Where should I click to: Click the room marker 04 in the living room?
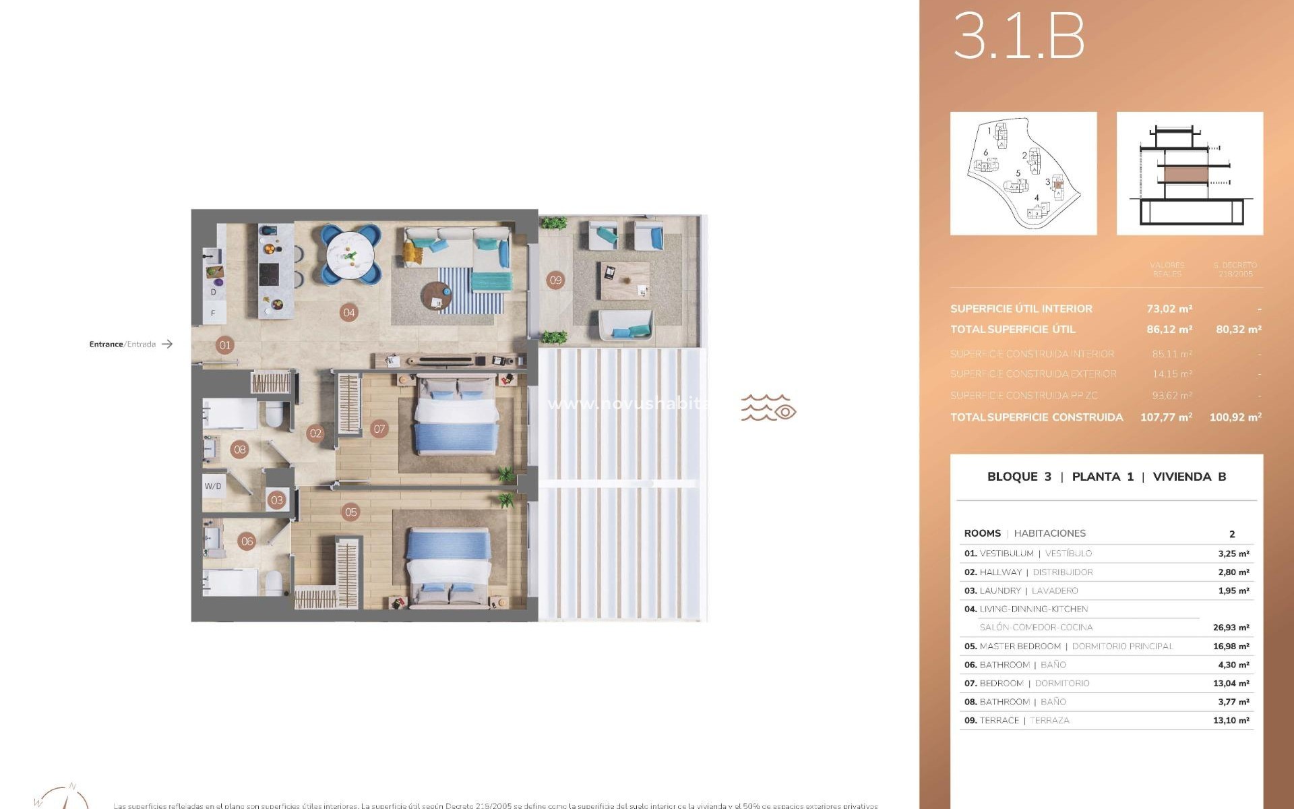pyautogui.click(x=348, y=312)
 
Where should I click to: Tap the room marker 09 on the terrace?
pyautogui.click(x=555, y=280)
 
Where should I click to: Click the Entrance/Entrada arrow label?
pyautogui.click(x=131, y=344)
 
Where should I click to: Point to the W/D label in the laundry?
pyautogui.click(x=213, y=486)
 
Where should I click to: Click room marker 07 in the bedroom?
pyautogui.click(x=379, y=429)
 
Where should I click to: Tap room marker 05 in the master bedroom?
pyautogui.click(x=351, y=512)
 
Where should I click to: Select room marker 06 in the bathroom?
pyautogui.click(x=247, y=541)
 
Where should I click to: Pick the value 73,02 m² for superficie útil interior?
pyautogui.click(x=1169, y=309)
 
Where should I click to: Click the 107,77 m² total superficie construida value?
pyautogui.click(x=1166, y=417)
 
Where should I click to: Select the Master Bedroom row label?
pyautogui.click(x=1020, y=646)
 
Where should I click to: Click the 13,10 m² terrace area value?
pyautogui.click(x=1231, y=720)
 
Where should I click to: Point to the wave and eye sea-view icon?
pyautogui.click(x=768, y=408)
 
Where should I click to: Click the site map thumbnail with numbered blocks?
pyautogui.click(x=1023, y=173)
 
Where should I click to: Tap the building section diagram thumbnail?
pyautogui.click(x=1190, y=173)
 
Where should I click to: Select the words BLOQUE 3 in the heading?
pyautogui.click(x=1018, y=477)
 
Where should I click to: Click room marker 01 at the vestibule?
pyautogui.click(x=225, y=345)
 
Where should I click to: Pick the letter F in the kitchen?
pyautogui.click(x=214, y=313)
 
